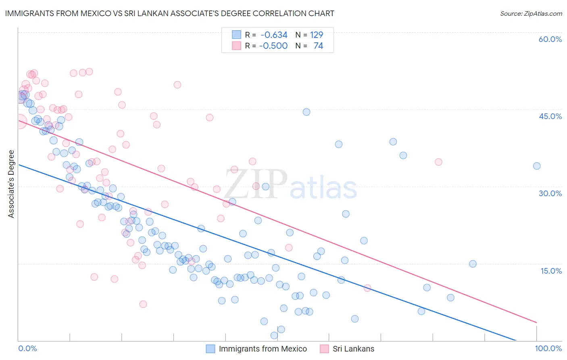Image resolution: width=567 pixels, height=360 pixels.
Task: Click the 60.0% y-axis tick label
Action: (x=550, y=39)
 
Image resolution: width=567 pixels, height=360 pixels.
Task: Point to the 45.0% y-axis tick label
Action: (x=550, y=116)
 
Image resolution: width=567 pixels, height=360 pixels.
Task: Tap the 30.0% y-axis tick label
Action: (x=550, y=193)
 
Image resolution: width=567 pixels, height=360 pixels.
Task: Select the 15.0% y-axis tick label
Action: (x=551, y=271)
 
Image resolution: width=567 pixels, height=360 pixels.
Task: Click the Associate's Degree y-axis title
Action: (x=11, y=184)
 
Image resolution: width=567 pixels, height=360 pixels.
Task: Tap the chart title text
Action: (x=169, y=13)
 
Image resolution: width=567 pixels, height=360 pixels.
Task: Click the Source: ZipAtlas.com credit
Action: (x=531, y=14)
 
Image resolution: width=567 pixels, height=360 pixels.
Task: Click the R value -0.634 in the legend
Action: (x=274, y=35)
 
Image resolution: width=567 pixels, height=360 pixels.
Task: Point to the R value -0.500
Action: (x=273, y=46)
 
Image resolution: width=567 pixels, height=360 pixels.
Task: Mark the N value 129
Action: (x=317, y=35)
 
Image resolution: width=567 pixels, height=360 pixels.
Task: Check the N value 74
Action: (x=318, y=46)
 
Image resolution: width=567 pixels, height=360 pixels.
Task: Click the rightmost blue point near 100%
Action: (x=537, y=166)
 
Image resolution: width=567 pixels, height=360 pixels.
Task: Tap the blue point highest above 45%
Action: (x=306, y=112)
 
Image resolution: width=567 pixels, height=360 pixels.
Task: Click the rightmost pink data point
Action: (x=438, y=162)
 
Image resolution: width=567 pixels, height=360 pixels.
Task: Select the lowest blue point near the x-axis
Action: (x=274, y=335)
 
